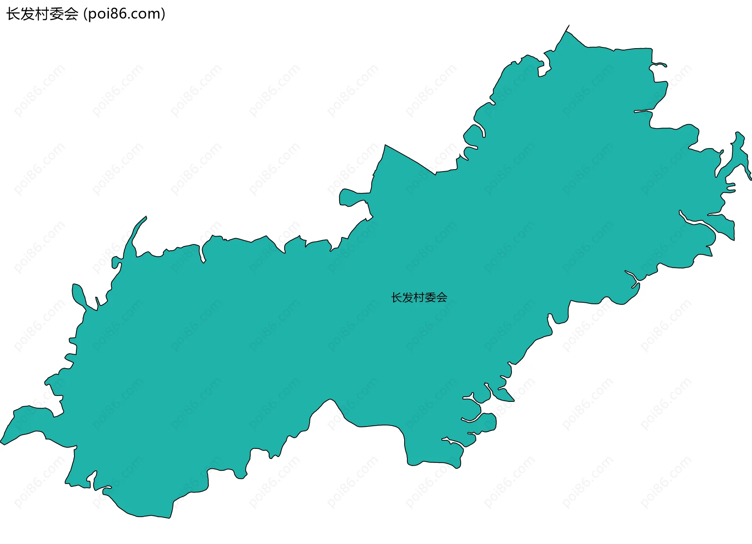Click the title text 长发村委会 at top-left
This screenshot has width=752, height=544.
coord(42,14)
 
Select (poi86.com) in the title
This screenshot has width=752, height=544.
coord(125,14)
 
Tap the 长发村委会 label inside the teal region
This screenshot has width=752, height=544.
coord(419,298)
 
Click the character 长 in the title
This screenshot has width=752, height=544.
coord(13,14)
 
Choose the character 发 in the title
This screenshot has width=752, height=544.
coord(28,14)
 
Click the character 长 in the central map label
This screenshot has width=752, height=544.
coord(396,298)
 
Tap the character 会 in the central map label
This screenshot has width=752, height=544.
coord(442,298)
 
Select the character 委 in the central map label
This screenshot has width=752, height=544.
coord(430,298)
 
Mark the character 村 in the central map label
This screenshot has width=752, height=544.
coord(419,298)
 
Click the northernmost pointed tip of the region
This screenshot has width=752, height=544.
coord(569,26)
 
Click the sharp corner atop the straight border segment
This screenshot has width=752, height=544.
coord(385,145)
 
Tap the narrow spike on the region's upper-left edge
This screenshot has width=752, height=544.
coord(145,217)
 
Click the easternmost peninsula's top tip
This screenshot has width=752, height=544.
coord(739,133)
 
